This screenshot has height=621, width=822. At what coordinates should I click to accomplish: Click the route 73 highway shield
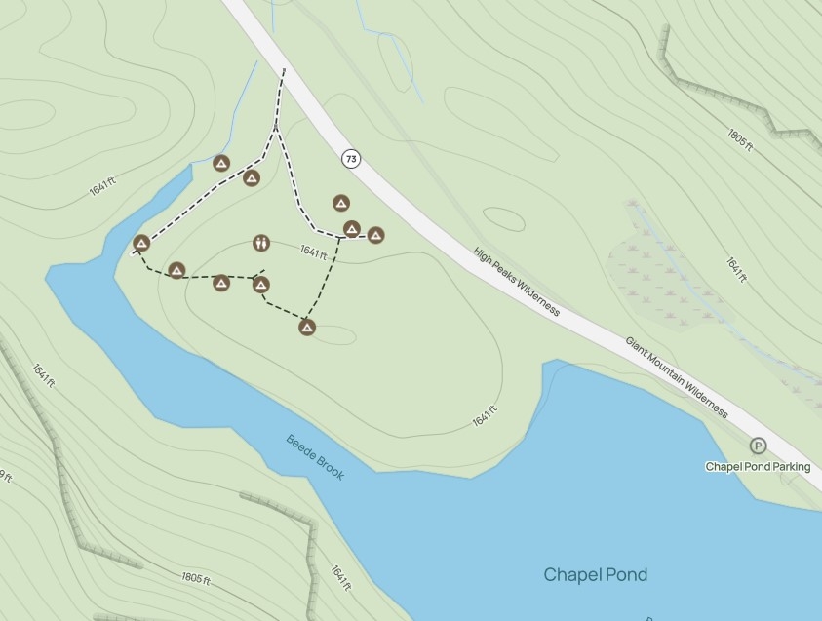point(351,158)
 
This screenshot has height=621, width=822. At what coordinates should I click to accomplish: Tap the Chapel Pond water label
point(595,574)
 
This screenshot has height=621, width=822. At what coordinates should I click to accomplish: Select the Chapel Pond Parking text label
point(758,466)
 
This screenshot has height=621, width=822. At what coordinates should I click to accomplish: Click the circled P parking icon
point(758,446)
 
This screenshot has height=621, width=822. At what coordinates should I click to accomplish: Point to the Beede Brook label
point(315,456)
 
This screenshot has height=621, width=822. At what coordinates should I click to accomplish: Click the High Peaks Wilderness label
point(517,281)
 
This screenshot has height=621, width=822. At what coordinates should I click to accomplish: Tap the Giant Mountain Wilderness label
point(677,377)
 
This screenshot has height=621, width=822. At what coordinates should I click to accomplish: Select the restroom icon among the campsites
point(260,242)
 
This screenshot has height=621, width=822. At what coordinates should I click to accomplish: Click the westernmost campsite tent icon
point(141,243)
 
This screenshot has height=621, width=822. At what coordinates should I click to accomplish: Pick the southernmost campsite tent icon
point(307,328)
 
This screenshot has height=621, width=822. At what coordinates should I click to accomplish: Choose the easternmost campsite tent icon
point(375,235)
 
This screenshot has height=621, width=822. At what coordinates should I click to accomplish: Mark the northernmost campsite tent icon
point(221,163)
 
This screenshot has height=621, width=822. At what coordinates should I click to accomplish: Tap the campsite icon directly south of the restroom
point(260,285)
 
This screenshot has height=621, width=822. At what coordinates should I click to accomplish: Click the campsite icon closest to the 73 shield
point(340,203)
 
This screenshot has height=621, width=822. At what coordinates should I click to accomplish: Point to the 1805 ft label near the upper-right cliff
point(740,139)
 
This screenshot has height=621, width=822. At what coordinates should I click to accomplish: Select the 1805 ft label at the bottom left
point(195,577)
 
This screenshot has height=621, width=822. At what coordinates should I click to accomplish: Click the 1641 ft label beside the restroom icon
point(313,252)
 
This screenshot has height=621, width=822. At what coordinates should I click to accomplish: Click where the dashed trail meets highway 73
point(284,70)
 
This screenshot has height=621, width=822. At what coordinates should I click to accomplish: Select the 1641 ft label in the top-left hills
point(102,185)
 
